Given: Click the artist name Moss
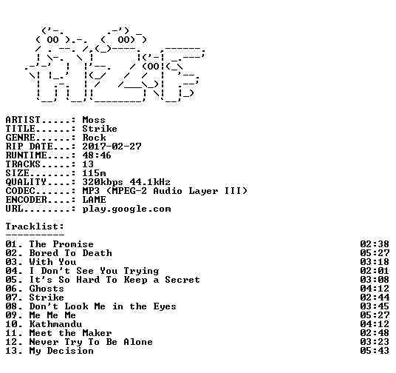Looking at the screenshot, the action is (x=94, y=120).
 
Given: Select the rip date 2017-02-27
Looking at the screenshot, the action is (x=112, y=147).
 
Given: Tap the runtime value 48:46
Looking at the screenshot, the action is (x=97, y=155).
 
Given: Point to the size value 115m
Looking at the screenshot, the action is (x=94, y=173).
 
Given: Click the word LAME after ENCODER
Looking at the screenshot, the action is (x=94, y=200).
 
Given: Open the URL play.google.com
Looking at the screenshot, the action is (x=127, y=209).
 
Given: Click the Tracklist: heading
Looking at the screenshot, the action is (x=35, y=226).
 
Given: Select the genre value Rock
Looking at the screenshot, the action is (x=94, y=138).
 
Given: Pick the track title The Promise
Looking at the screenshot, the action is (x=61, y=244).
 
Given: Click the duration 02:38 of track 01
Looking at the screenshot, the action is (x=375, y=244).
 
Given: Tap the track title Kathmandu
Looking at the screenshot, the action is (x=55, y=324).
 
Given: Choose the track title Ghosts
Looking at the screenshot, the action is (x=47, y=289).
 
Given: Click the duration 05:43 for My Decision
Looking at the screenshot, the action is (x=375, y=351).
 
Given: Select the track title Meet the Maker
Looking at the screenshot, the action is (x=70, y=333).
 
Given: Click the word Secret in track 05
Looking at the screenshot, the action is (x=182, y=280).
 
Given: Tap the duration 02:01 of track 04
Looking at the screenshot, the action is (x=375, y=271).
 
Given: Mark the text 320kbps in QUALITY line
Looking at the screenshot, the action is (x=103, y=183).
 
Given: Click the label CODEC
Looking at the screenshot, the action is (x=20, y=191).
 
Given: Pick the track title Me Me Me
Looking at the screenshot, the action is (x=52, y=315).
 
